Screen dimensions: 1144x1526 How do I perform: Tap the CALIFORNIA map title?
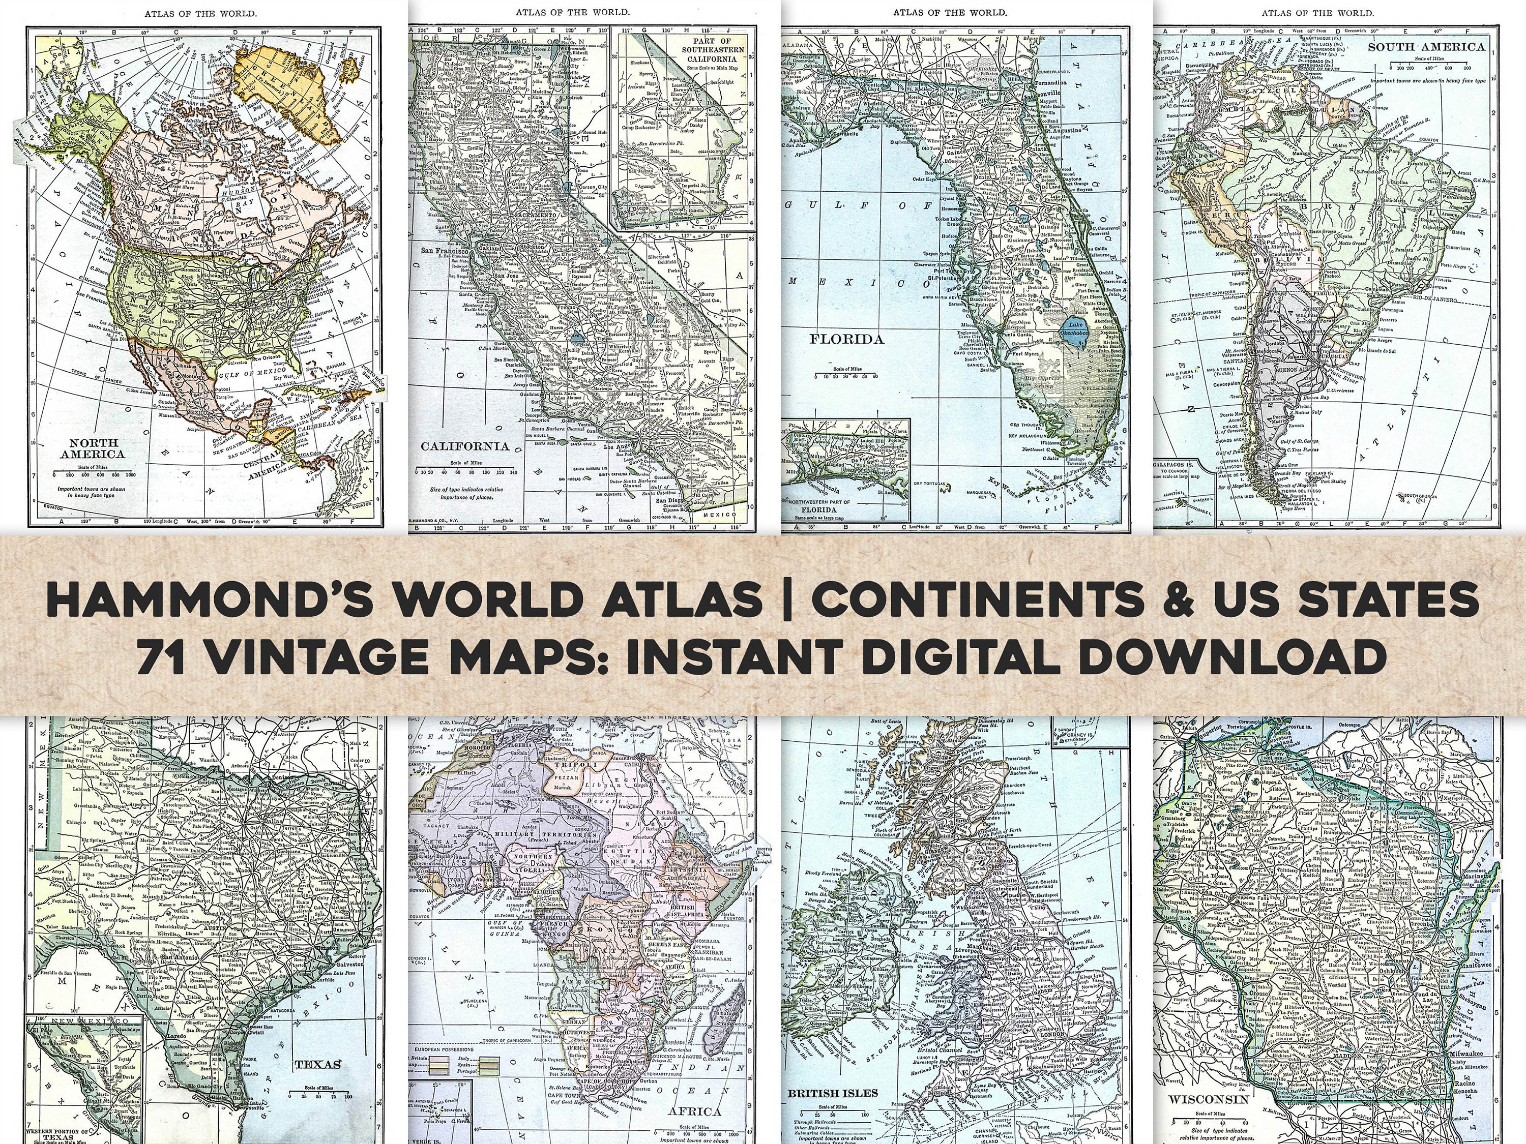pos(465,446)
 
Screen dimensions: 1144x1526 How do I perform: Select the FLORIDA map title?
pos(846,339)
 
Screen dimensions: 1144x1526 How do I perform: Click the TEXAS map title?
pos(317,1065)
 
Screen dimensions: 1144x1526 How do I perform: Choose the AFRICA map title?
pos(694,1111)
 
